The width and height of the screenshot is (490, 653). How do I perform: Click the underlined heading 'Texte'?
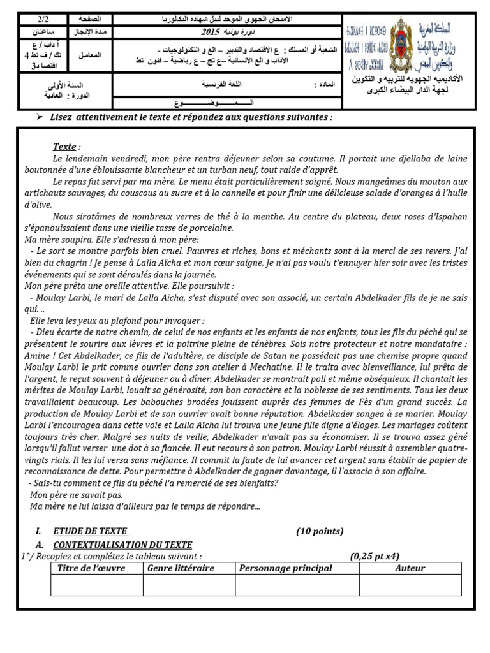[x=64, y=147]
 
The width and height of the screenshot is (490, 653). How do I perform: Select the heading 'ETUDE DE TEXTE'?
[x=90, y=531]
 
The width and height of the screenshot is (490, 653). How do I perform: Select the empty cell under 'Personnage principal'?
[x=297, y=585]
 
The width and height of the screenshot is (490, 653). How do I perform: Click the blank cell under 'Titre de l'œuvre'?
[x=97, y=585]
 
